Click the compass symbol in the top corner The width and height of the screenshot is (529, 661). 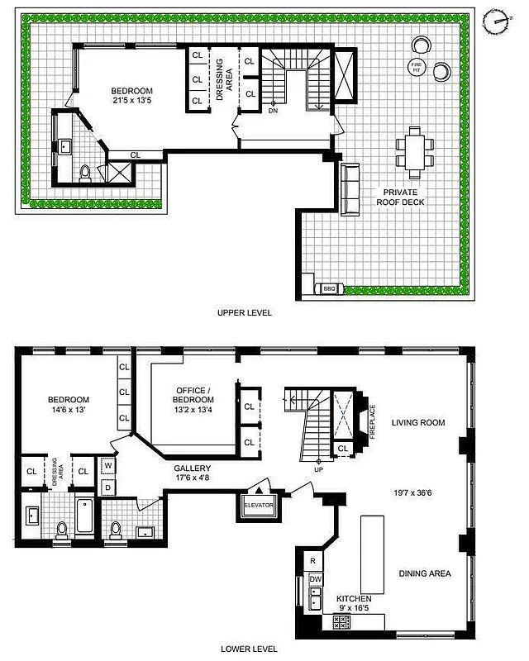click(x=497, y=21)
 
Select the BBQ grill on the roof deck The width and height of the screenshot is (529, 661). click(x=328, y=288)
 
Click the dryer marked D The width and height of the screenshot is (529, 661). click(x=108, y=488)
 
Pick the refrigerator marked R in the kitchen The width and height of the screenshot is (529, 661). click(x=314, y=560)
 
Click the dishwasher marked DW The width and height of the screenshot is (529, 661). click(x=315, y=579)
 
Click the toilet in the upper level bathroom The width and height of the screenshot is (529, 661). click(x=84, y=174)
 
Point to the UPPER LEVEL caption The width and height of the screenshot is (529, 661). click(x=244, y=313)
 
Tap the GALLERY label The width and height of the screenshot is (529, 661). click(x=192, y=468)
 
